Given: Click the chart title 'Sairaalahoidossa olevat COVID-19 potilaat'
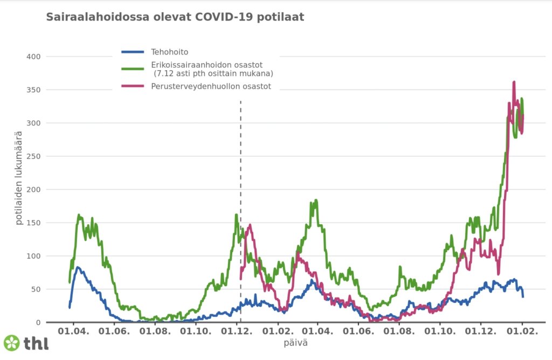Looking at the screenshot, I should coord(175,17).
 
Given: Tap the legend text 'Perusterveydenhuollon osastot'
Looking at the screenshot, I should coord(211,86).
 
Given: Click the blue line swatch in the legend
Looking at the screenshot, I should coord(133,52).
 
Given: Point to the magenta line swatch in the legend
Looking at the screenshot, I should coord(133,86).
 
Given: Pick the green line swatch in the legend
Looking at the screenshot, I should coord(133,68).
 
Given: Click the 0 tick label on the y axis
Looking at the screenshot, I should coord(37,322).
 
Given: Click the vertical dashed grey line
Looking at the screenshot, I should coord(240,162).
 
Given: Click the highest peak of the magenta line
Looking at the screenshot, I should coord(514,82).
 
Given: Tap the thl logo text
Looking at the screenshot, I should coord(36,343).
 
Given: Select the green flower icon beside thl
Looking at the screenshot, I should coord(11,343).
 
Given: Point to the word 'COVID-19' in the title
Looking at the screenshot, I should coord(226,17).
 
